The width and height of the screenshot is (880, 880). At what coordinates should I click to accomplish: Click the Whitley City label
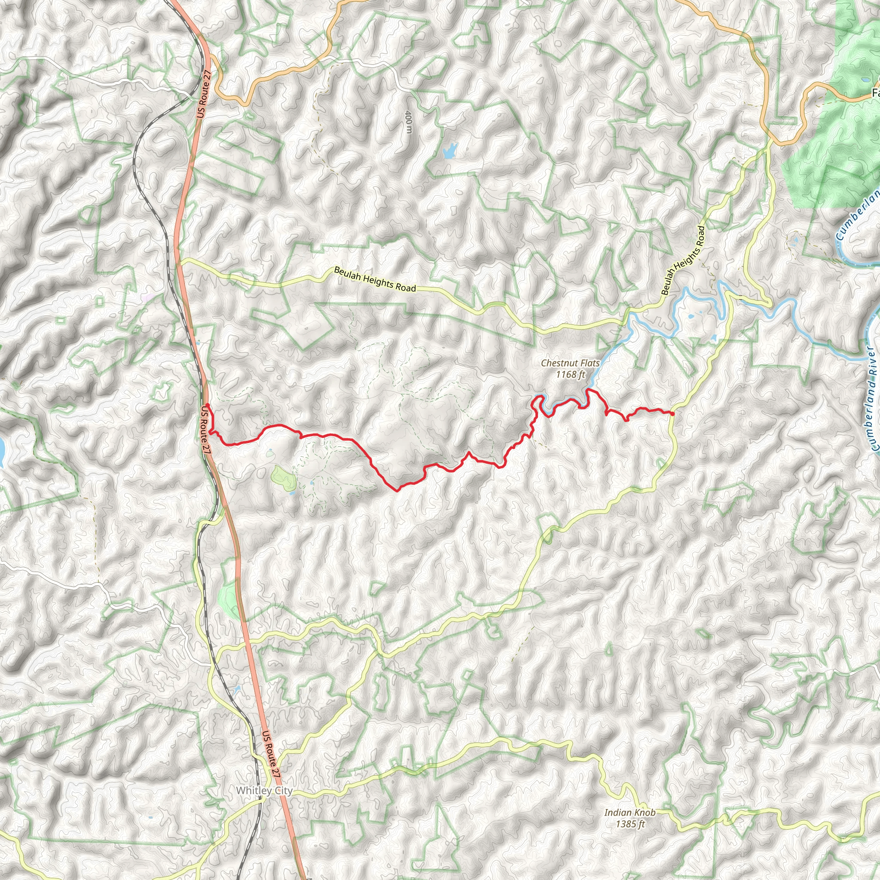tap(264, 790)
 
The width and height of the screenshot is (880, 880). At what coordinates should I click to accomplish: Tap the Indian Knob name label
tap(630, 813)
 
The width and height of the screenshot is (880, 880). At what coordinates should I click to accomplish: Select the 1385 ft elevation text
tap(630, 824)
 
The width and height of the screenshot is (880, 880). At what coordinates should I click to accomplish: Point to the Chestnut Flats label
tap(570, 363)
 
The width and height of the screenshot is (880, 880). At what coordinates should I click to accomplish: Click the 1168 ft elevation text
tap(570, 374)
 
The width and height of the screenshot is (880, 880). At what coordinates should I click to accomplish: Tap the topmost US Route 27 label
tap(204, 94)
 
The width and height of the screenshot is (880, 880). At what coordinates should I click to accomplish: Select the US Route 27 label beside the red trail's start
tap(205, 429)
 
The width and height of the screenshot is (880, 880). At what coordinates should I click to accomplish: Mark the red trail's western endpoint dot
tap(207, 405)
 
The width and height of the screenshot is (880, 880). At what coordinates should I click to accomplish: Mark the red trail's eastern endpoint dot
tap(672, 413)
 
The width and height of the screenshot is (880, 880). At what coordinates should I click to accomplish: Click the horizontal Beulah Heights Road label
tap(375, 279)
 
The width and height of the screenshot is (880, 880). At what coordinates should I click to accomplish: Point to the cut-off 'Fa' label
tap(875, 93)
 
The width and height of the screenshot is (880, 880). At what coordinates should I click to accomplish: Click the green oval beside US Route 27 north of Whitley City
tap(228, 598)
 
